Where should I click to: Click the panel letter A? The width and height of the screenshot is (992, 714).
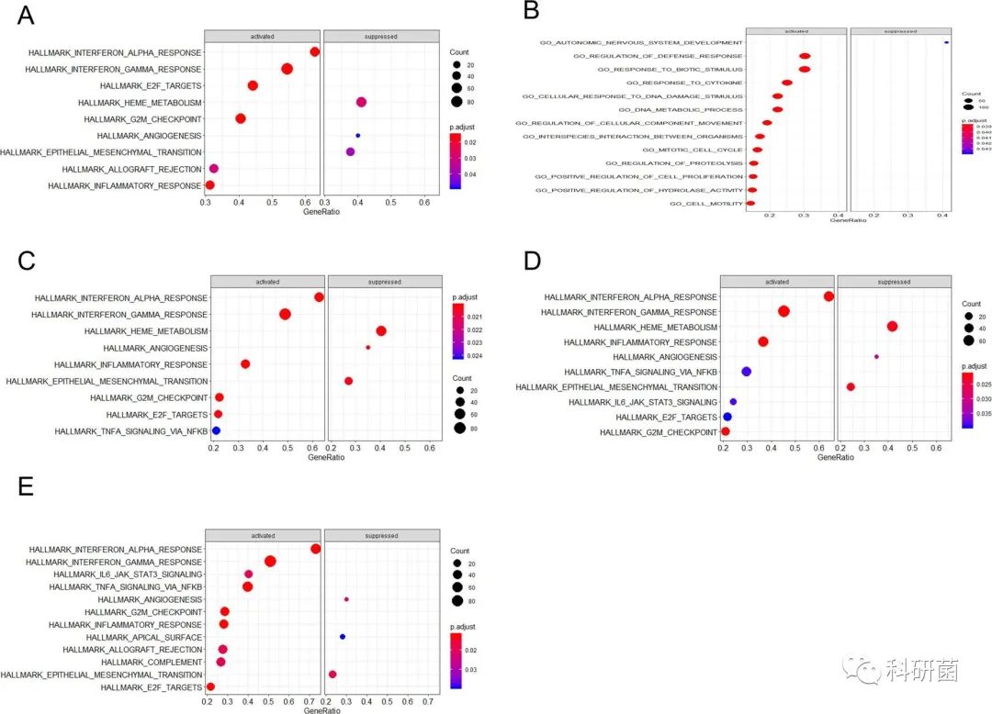(x=26, y=15)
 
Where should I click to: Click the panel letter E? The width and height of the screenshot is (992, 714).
(x=26, y=485)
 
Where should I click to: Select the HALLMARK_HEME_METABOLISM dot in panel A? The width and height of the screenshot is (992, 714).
(x=361, y=102)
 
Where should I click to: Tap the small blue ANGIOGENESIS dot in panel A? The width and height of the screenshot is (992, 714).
(x=357, y=136)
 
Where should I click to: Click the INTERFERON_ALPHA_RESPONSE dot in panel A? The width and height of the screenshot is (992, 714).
(x=315, y=52)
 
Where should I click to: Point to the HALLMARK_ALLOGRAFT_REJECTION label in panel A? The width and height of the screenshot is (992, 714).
(x=131, y=170)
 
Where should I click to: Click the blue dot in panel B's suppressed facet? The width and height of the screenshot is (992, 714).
(x=946, y=43)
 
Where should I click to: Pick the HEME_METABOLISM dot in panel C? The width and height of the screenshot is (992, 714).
(x=381, y=331)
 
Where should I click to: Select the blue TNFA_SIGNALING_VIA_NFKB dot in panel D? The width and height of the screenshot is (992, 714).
(x=746, y=372)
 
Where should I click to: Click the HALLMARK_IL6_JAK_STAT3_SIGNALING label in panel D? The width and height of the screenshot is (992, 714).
(x=643, y=402)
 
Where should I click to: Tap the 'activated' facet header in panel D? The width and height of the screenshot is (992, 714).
(x=777, y=282)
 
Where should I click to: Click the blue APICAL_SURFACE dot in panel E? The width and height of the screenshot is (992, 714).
(x=343, y=636)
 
